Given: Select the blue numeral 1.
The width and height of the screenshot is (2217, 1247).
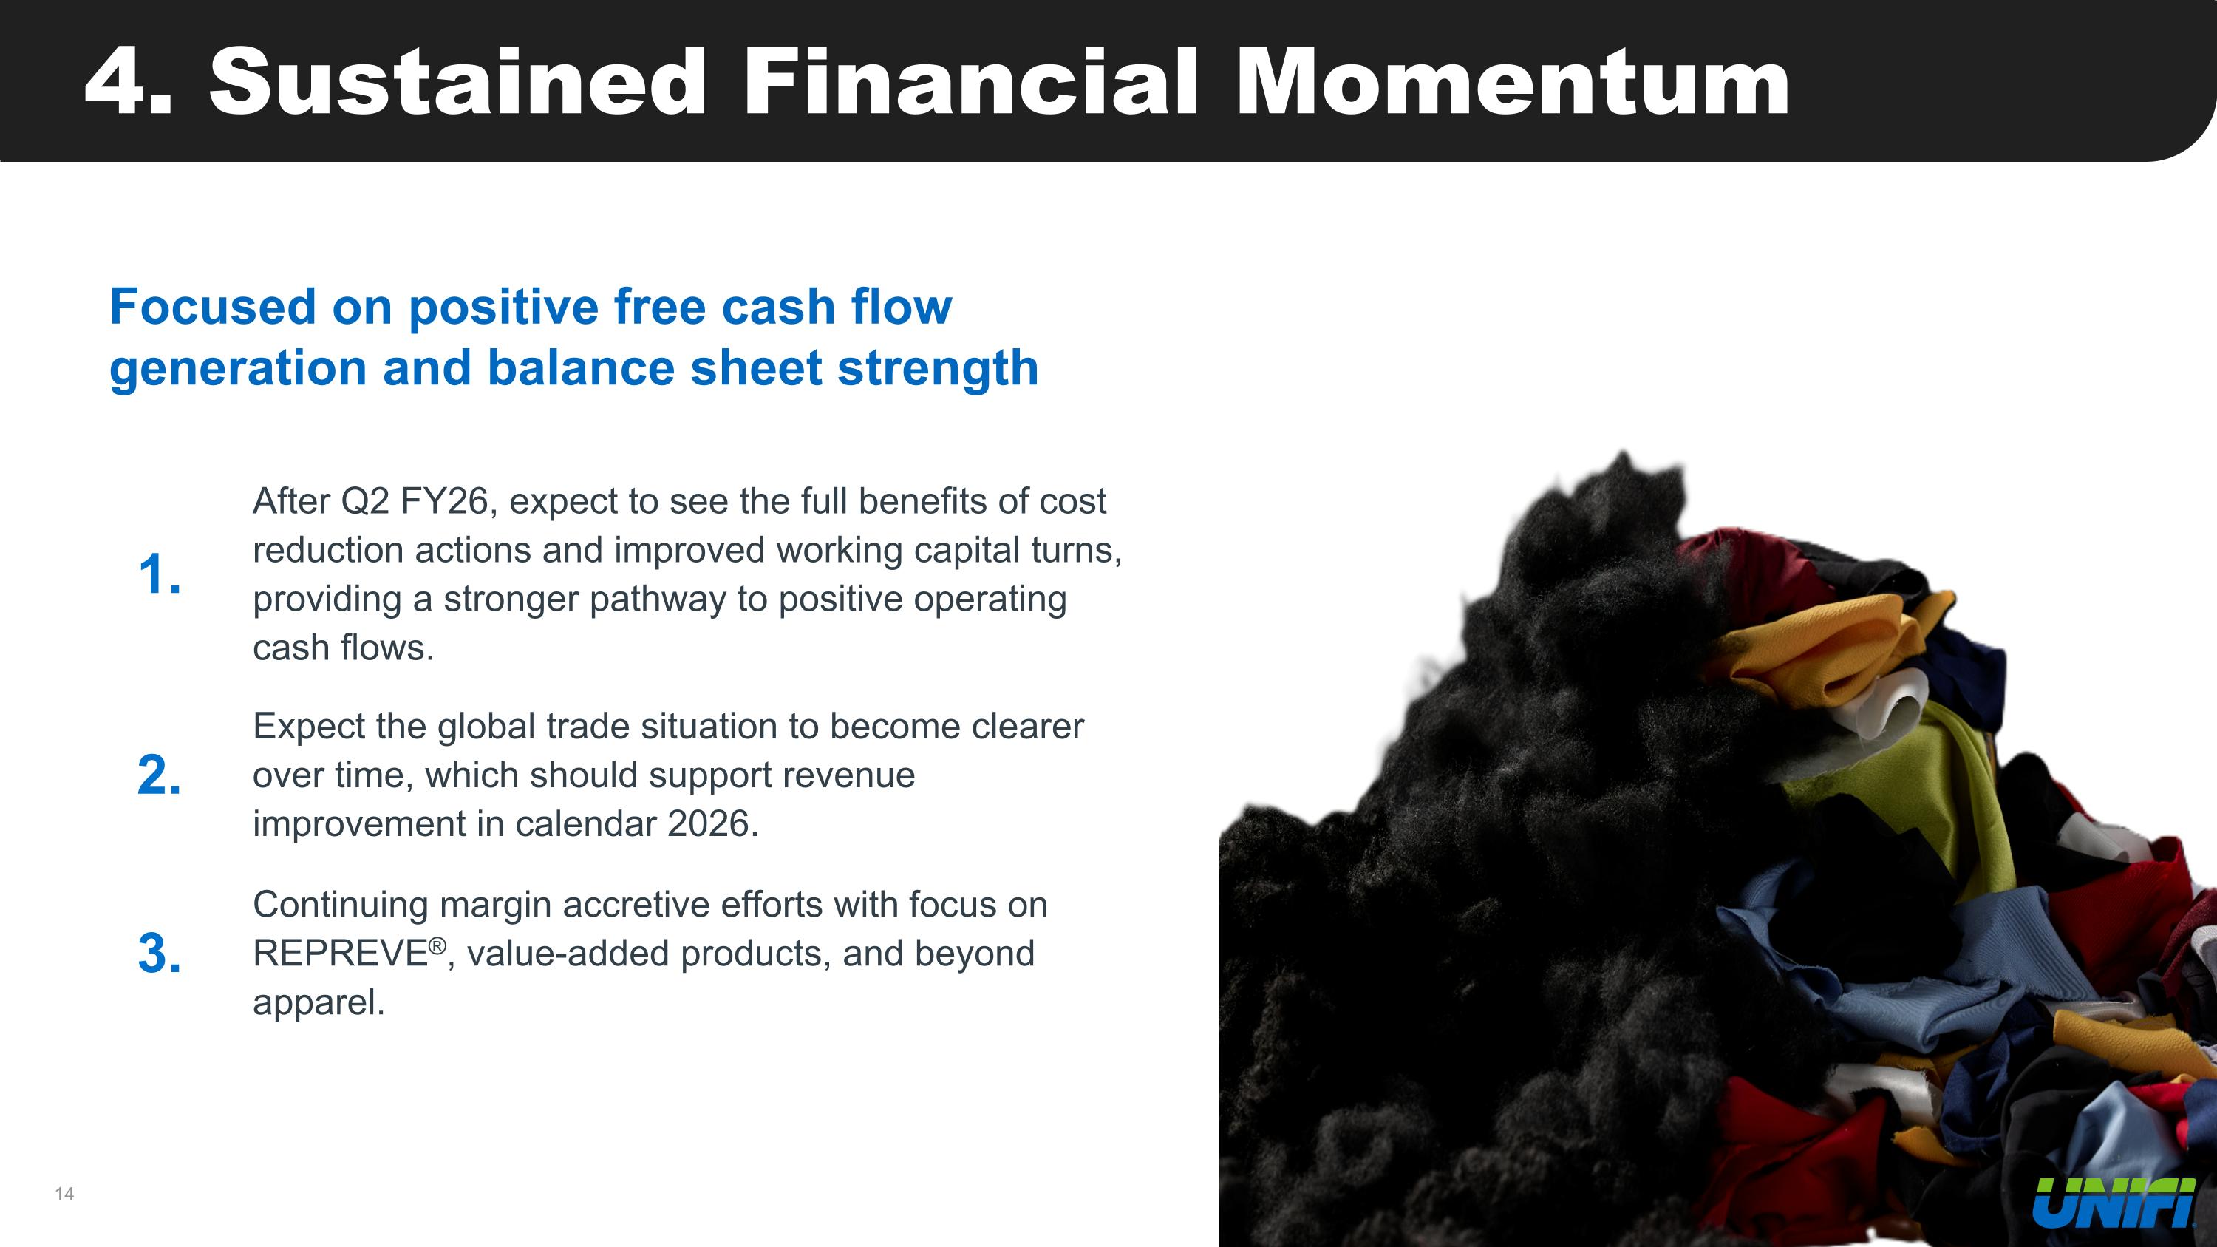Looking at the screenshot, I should pos(158,574).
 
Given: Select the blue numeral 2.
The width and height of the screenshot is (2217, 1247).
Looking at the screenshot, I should pos(158,775).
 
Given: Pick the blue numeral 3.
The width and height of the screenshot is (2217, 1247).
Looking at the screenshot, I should pos(158,954).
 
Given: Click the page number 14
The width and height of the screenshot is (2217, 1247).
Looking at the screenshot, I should pos(64,1194).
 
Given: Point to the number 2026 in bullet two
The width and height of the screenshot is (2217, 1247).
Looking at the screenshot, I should pos(712,823).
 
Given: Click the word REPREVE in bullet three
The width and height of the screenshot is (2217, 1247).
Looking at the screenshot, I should pos(340,954).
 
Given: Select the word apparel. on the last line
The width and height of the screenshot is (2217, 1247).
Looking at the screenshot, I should pos(319,1002).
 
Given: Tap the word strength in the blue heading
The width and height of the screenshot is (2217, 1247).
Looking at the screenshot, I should pos(937,368).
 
